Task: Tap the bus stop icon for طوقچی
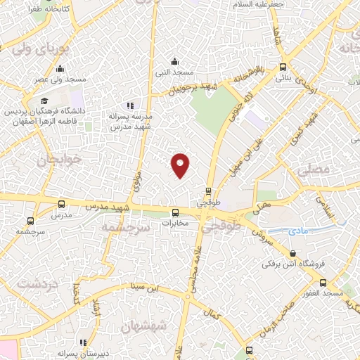(209, 191)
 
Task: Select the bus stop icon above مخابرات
(176, 212)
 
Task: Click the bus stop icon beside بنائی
(283, 67)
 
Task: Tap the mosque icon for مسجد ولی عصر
(60, 69)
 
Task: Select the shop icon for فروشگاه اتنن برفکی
(293, 253)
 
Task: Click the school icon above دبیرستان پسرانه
(83, 342)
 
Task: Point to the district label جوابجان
(35, 160)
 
